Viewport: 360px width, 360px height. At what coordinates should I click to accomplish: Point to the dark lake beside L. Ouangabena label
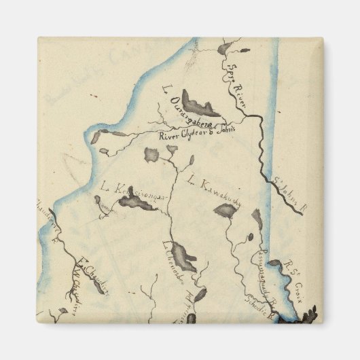pos(200,105)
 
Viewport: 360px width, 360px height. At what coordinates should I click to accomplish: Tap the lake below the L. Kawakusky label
pos(225,212)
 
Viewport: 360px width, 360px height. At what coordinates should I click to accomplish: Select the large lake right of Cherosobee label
pos(182,257)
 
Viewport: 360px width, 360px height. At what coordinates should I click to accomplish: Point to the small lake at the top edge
pos(225,48)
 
